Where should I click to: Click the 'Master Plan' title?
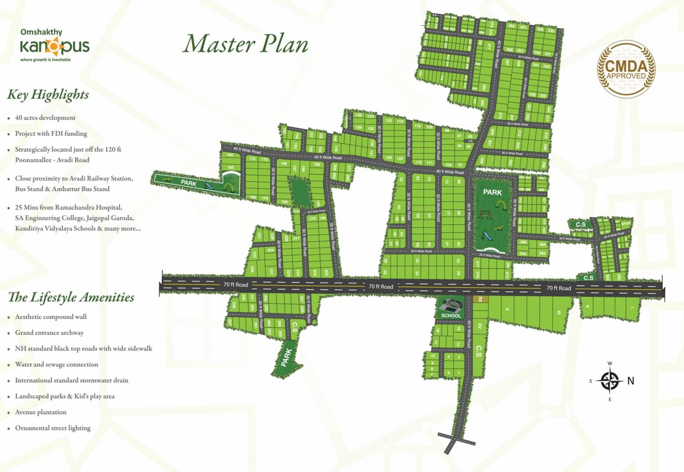point(245,44)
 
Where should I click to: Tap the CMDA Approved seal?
point(626,69)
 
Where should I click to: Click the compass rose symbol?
point(610,381)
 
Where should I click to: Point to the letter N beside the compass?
point(630,381)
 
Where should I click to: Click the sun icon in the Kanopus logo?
point(54,45)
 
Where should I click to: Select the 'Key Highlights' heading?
point(48,95)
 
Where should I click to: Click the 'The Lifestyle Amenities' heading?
point(71,297)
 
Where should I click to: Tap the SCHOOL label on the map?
point(451,316)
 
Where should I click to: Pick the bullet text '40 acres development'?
point(46,117)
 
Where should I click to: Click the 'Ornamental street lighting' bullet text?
point(53,428)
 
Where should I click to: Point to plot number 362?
point(512,26)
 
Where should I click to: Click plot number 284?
point(523,253)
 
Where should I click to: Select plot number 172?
point(252,159)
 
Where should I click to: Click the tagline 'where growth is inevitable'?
point(46,60)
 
